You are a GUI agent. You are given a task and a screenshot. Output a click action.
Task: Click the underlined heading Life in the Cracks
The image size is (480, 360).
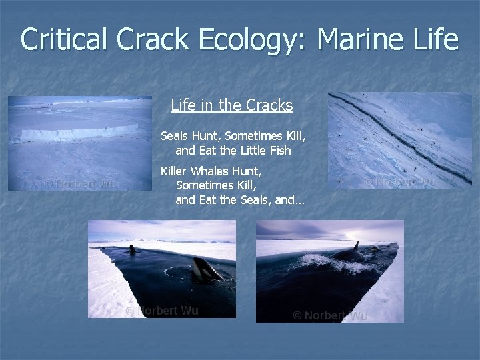coord(231,105)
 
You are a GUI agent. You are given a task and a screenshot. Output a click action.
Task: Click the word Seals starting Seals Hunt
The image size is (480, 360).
coord(176,136)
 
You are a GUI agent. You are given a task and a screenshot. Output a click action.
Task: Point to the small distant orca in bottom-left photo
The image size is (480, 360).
coord(133,250)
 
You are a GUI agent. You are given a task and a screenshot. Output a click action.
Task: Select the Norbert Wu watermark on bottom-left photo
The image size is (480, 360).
coord(162,311)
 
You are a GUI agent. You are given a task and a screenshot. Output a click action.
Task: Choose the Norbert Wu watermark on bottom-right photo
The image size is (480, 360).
coord(329,315)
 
